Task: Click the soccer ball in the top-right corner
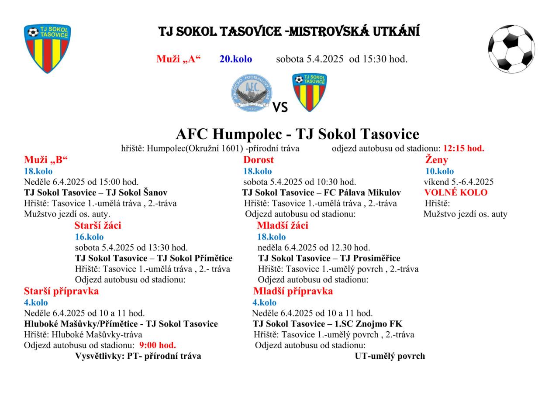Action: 511,48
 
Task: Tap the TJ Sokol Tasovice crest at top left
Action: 47,48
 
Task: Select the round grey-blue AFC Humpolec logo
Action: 251,93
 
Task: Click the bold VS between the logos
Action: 280,107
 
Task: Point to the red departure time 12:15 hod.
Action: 463,148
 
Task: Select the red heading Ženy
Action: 437,160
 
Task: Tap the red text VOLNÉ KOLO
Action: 456,192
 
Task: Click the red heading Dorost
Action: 259,160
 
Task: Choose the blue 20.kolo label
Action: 235,59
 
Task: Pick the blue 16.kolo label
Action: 90,237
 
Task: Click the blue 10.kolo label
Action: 439,171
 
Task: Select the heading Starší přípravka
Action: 61,291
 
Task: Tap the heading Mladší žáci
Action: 283,226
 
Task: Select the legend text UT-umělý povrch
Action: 390,356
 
